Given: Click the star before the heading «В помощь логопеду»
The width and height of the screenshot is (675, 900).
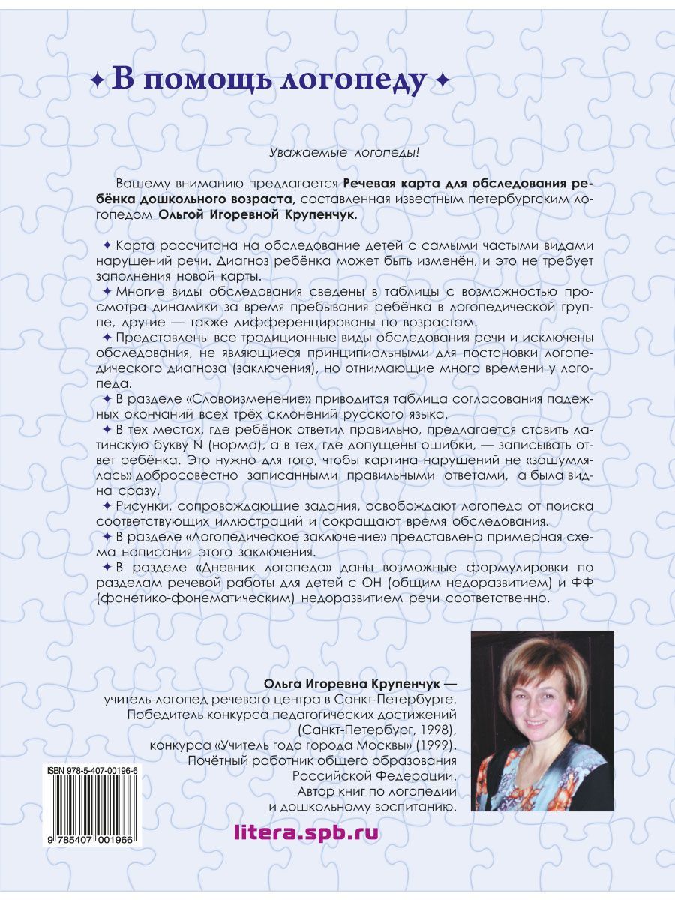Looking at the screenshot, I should click(97, 81).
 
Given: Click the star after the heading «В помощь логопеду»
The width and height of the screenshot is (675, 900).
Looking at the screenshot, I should click(443, 81).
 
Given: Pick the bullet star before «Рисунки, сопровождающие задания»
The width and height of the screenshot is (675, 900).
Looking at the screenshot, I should click(106, 505).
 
